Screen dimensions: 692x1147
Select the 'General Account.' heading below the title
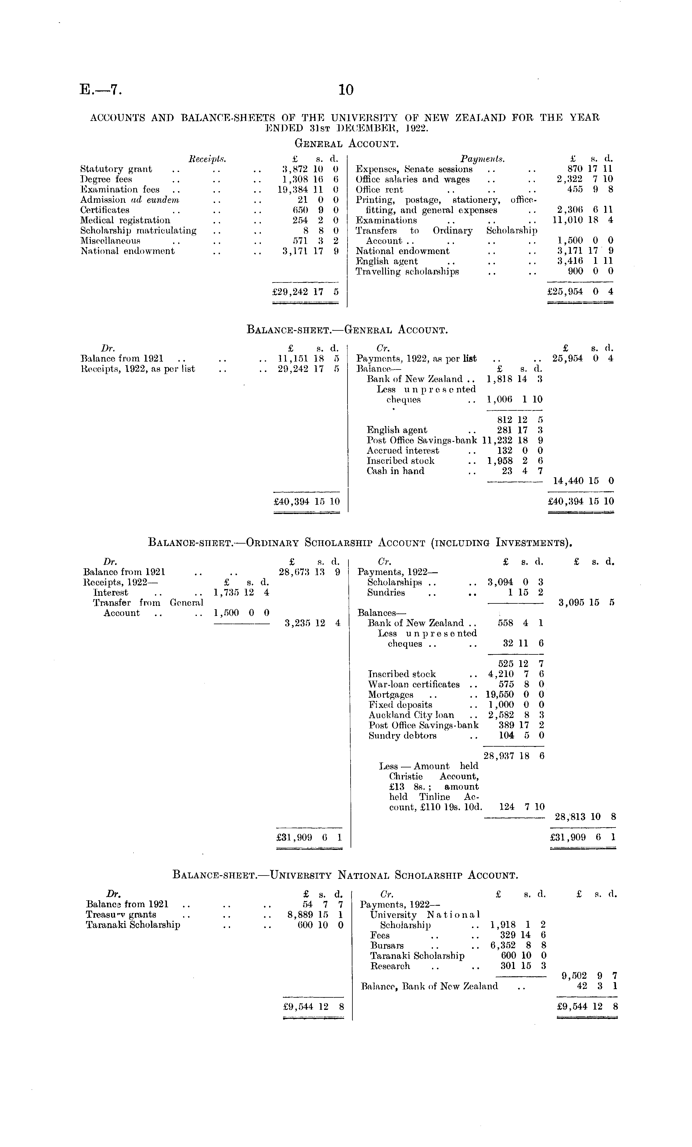pos(347,144)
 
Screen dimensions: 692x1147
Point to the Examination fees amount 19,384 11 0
pos(307,189)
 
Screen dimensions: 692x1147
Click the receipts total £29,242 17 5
pos(305,292)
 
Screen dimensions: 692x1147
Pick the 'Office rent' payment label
pos(380,189)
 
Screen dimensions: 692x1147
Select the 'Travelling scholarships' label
pos(407,272)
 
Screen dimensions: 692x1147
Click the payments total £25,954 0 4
pos(580,292)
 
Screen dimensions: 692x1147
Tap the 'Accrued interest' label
pos(403,451)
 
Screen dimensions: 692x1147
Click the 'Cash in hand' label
pos(395,471)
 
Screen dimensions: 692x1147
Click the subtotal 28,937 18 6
pos(514,756)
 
